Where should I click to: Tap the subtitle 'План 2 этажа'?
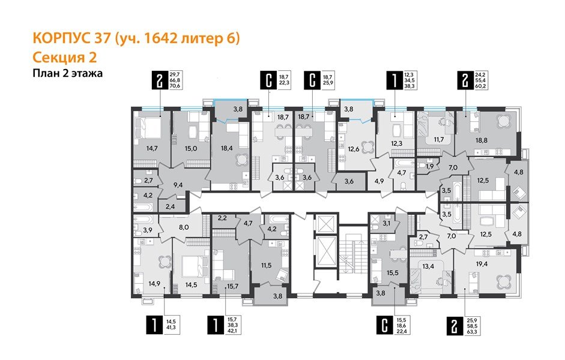tap(68, 74)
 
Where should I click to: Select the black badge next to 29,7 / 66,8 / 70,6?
tap(159, 80)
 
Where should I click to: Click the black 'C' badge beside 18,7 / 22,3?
tap(267, 80)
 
